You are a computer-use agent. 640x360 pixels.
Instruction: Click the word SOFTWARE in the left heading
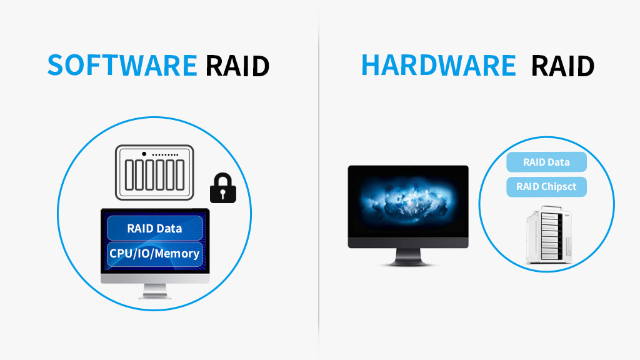(x=122, y=65)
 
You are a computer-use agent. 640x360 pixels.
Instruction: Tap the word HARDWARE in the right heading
(x=439, y=65)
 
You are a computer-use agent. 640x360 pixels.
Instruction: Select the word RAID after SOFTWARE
(x=237, y=65)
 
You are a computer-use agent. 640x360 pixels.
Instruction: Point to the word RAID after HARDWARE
(x=562, y=65)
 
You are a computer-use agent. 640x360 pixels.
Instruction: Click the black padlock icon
(x=223, y=188)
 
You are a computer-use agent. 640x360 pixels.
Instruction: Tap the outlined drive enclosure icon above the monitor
(x=156, y=172)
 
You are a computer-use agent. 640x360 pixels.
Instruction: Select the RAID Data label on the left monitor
(x=154, y=228)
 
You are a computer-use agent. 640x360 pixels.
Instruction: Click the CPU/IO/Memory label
(x=154, y=253)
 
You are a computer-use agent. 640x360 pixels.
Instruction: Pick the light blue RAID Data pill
(x=546, y=162)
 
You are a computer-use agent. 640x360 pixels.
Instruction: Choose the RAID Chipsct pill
(x=546, y=186)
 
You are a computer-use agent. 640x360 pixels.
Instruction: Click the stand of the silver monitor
(x=155, y=291)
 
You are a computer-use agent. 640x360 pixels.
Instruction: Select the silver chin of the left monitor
(x=155, y=278)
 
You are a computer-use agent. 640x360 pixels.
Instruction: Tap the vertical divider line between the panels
(x=319, y=187)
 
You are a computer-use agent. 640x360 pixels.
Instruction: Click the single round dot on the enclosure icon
(x=144, y=154)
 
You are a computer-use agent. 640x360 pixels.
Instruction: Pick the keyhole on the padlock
(x=223, y=192)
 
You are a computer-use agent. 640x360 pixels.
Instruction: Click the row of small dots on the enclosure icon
(x=166, y=154)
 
